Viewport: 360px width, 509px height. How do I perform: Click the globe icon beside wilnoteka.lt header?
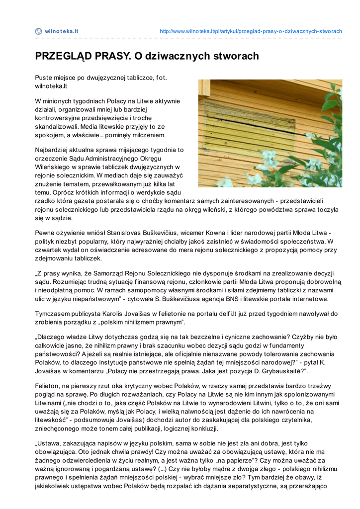38,31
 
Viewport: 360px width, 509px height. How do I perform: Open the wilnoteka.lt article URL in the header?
251,31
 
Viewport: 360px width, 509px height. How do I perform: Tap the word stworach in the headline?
236,56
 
